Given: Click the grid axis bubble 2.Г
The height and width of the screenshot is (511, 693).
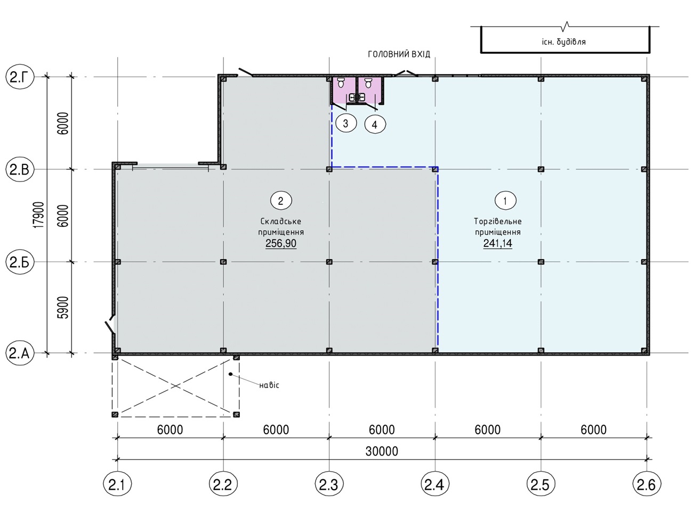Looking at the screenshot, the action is click(20, 77).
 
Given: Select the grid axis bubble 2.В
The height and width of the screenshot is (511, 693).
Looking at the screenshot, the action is click(20, 169).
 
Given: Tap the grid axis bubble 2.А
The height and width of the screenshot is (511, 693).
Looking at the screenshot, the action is click(20, 353).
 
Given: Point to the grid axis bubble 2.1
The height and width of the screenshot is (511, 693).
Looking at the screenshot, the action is click(117, 484).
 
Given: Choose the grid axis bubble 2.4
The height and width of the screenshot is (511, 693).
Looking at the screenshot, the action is click(435, 484).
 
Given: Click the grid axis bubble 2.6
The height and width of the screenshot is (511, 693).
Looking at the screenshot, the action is click(647, 484).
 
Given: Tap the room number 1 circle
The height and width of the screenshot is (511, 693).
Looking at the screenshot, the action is click(505, 201).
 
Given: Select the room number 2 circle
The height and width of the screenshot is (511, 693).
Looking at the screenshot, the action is click(281, 201).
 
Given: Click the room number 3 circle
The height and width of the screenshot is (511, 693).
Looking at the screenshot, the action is click(346, 123).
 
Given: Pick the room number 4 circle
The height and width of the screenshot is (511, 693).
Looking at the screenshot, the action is click(375, 125).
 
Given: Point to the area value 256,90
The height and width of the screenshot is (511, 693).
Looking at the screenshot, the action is click(281, 243).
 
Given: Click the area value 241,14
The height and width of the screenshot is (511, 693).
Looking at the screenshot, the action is click(498, 243).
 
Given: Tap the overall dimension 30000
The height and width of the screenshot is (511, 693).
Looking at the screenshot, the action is click(382, 451).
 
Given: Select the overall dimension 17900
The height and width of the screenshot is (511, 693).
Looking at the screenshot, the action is click(39, 215).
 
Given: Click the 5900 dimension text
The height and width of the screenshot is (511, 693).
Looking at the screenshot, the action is click(63, 307).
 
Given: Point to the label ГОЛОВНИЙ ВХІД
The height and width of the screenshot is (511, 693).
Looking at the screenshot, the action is click(399, 54).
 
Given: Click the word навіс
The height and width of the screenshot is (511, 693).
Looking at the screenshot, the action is click(269, 385).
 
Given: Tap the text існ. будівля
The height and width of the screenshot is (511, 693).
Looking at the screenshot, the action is click(563, 42).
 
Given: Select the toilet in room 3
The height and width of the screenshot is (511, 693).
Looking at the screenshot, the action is click(341, 83).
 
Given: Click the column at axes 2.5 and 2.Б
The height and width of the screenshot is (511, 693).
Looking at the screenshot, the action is click(541, 262).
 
